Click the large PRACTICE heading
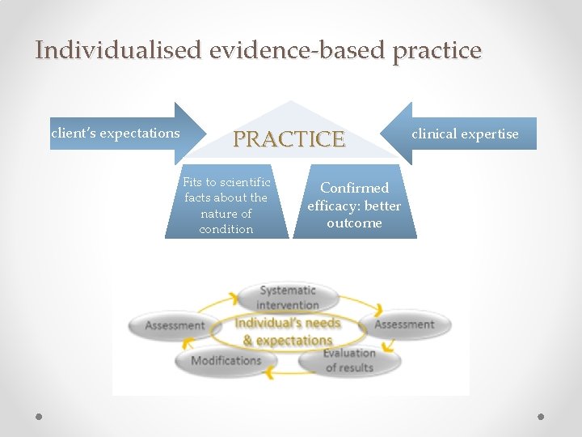point(289,139)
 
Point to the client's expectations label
point(116,133)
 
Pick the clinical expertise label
point(466,134)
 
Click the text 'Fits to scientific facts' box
point(226,206)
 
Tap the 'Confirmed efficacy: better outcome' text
point(354,205)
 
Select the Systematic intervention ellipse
point(288,297)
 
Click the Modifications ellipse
point(226,360)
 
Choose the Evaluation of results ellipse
point(349,360)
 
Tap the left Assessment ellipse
point(175,325)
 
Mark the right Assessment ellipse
point(404,325)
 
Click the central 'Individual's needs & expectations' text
point(288,332)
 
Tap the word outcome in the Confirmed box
point(354,223)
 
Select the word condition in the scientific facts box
point(226,229)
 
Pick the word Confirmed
point(354,188)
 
